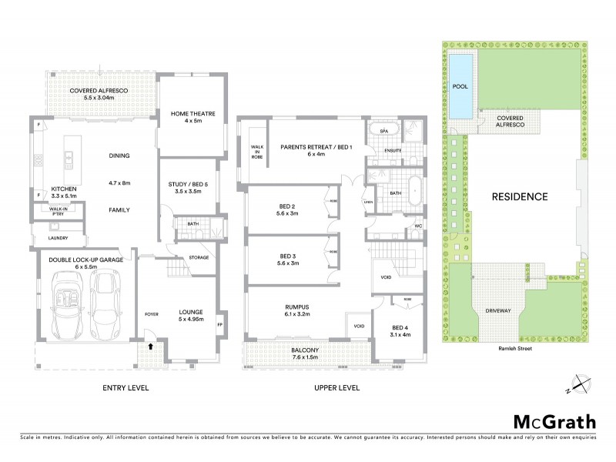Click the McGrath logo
coord(554,421)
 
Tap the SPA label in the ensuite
coord(384,132)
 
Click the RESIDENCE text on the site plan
coord(520,196)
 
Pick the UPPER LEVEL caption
coord(337,387)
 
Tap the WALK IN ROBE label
coord(256,152)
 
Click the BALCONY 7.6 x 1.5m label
coord(306,353)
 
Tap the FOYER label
coord(150,314)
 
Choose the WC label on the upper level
coord(418,226)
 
